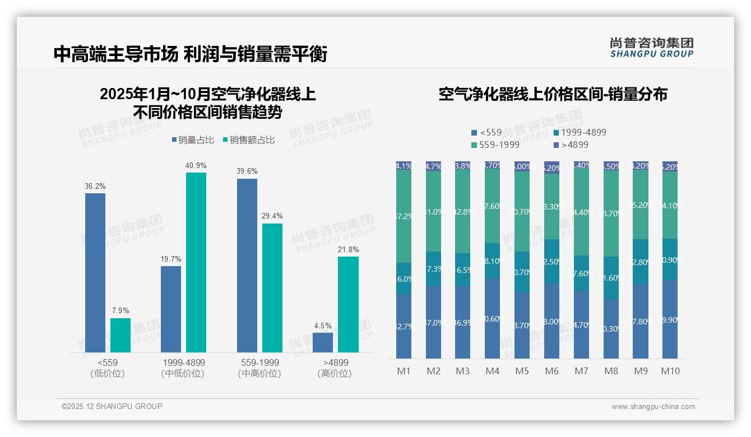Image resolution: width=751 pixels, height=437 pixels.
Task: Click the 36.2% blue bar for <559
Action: tap(95, 273)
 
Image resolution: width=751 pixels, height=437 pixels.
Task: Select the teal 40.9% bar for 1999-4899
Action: tap(196, 262)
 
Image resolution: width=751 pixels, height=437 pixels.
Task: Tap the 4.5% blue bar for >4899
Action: tap(323, 342)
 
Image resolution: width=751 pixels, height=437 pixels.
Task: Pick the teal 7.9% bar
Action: tap(120, 335)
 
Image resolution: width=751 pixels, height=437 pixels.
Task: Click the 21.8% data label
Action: tap(348, 249)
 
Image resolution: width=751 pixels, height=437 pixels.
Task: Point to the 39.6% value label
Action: tap(247, 171)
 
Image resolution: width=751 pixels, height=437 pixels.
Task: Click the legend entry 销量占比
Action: tap(192, 140)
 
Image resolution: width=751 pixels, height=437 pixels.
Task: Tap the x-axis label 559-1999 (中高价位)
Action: tap(259, 368)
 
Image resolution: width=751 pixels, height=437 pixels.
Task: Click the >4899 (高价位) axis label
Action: tap(335, 368)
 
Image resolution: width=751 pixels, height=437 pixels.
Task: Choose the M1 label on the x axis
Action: tap(404, 371)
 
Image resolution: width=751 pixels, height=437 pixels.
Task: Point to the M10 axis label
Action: tap(670, 371)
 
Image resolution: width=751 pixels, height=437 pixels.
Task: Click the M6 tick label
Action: tap(551, 371)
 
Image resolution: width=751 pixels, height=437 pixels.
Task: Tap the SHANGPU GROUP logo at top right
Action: tap(651, 47)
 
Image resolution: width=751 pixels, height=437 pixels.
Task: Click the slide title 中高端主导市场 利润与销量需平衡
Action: tap(190, 54)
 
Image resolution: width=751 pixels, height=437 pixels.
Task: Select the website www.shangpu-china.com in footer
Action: tap(653, 407)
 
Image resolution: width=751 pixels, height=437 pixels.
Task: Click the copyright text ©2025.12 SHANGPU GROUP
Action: tap(112, 406)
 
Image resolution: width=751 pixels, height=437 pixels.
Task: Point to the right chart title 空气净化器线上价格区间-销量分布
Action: tap(553, 94)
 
